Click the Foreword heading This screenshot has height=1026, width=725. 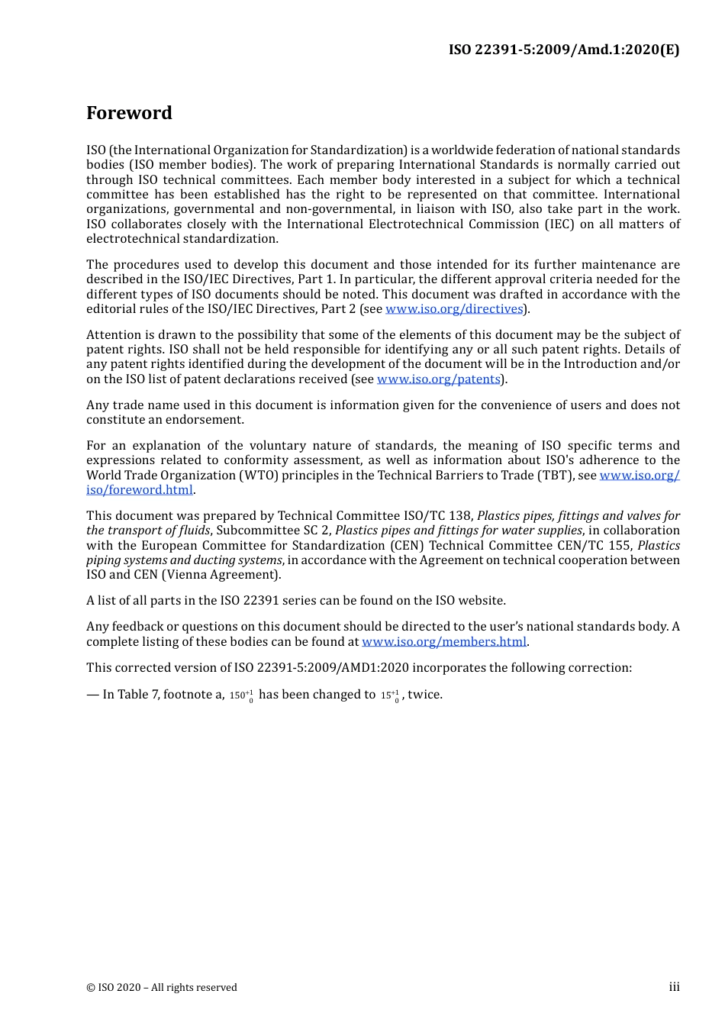click(129, 113)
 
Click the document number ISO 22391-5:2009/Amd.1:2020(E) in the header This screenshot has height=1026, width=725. click(563, 50)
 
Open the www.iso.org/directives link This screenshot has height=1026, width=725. click(454, 309)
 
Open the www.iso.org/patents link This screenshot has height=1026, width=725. click(439, 379)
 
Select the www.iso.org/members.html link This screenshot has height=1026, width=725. click(444, 642)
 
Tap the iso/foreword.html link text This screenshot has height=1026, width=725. click(140, 490)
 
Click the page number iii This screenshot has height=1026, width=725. click(674, 987)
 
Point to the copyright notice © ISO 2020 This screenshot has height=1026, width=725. click(162, 988)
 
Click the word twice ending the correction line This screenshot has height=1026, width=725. click(425, 695)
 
